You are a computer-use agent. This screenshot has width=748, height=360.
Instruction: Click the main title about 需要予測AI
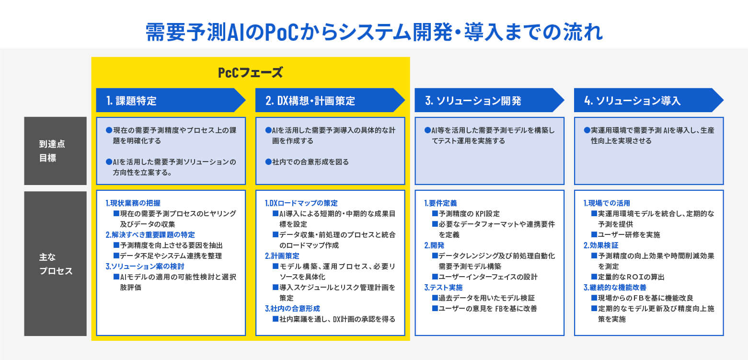(x=374, y=32)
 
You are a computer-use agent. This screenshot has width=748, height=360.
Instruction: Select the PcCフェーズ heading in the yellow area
(x=251, y=72)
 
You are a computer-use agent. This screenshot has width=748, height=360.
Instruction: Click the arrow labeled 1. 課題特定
(x=171, y=100)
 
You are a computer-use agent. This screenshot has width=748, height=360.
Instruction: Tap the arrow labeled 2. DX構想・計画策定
(x=330, y=100)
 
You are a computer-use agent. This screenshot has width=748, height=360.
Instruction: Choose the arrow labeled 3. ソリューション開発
(x=489, y=100)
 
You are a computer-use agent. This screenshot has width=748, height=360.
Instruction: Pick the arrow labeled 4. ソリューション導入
(x=648, y=100)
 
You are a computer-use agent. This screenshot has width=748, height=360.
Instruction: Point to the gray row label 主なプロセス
(x=56, y=264)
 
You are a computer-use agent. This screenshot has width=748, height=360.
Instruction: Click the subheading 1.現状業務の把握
(x=133, y=203)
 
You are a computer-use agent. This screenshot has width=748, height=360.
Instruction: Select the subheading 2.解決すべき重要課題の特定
(x=150, y=235)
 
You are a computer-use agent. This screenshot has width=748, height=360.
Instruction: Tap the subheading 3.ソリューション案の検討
(x=145, y=267)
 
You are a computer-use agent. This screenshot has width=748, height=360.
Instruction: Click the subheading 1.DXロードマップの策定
(x=301, y=203)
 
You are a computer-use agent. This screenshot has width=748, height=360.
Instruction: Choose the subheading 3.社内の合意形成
(x=292, y=309)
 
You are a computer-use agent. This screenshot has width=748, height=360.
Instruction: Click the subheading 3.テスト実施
(x=443, y=288)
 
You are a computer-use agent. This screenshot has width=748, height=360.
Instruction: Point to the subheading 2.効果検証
(x=601, y=245)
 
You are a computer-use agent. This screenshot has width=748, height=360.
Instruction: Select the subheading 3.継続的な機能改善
(x=615, y=288)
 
